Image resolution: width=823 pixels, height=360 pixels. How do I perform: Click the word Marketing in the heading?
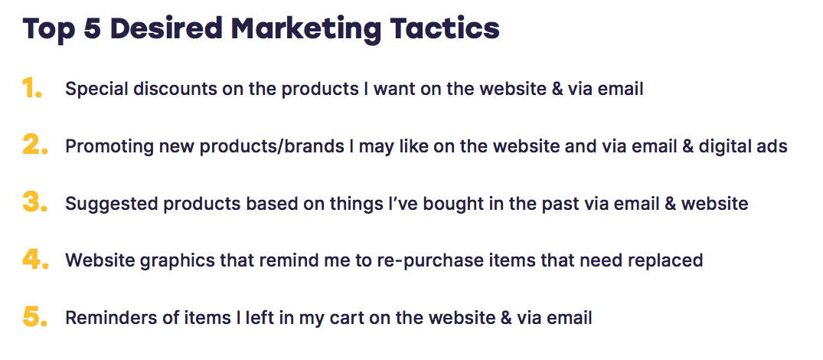tap(306, 29)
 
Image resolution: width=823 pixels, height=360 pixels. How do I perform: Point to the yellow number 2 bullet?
tap(35, 145)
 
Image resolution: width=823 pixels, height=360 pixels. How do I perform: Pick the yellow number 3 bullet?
tap(35, 202)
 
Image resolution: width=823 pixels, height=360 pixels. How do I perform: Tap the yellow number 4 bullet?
tap(36, 259)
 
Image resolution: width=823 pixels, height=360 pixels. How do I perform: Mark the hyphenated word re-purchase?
tap(423, 261)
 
